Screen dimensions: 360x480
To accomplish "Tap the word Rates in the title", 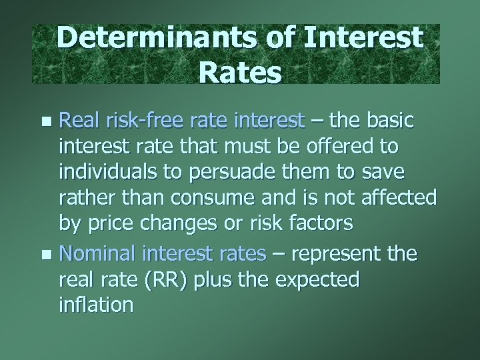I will tap(239, 71).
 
